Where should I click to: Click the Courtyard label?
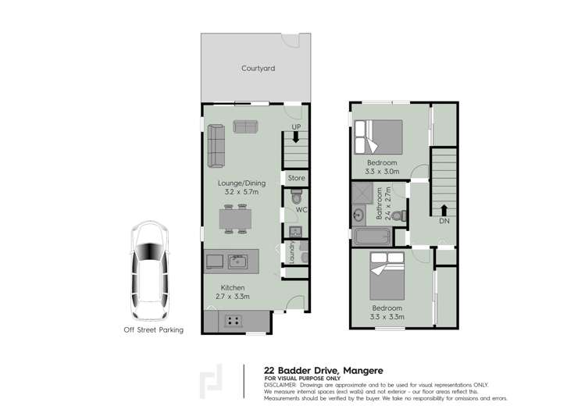click(258, 69)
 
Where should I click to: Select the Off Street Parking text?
click(154, 329)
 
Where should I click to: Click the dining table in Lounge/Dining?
click(234, 219)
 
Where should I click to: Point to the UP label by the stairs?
click(296, 126)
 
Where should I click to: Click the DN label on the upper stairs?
click(444, 221)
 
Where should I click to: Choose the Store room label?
click(296, 178)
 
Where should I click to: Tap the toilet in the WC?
click(295, 201)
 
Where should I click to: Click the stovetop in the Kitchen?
click(232, 319)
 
